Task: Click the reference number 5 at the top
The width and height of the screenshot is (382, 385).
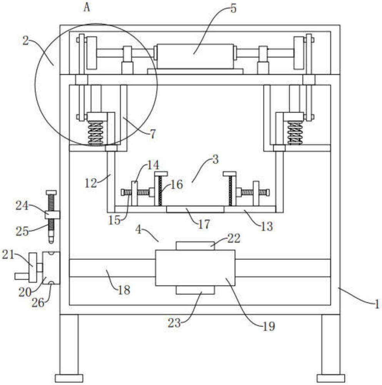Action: point(233,8)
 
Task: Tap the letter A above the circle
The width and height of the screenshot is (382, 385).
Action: point(87,7)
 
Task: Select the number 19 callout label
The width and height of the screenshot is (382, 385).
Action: point(269,326)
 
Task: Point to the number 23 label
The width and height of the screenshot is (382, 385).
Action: point(174,323)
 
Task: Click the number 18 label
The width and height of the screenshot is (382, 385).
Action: point(124,290)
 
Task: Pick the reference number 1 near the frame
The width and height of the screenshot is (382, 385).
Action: point(377,304)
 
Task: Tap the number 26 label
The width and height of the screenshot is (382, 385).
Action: point(38,303)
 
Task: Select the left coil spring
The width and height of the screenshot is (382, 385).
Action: point(95,132)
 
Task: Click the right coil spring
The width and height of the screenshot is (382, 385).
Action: point(295,132)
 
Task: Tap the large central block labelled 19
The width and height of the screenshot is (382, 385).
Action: point(195,268)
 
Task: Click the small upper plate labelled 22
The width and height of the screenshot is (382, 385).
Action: point(195,246)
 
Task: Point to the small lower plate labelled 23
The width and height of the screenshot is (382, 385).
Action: point(195,290)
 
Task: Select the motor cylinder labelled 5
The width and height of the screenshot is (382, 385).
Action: point(195,57)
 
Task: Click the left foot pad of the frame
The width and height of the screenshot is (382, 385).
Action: point(69,378)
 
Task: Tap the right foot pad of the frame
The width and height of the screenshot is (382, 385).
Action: point(330,378)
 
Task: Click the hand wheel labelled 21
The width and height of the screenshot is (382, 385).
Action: point(33,268)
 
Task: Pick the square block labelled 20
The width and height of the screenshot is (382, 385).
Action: point(51,268)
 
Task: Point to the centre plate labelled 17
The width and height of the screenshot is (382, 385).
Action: point(195,209)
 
